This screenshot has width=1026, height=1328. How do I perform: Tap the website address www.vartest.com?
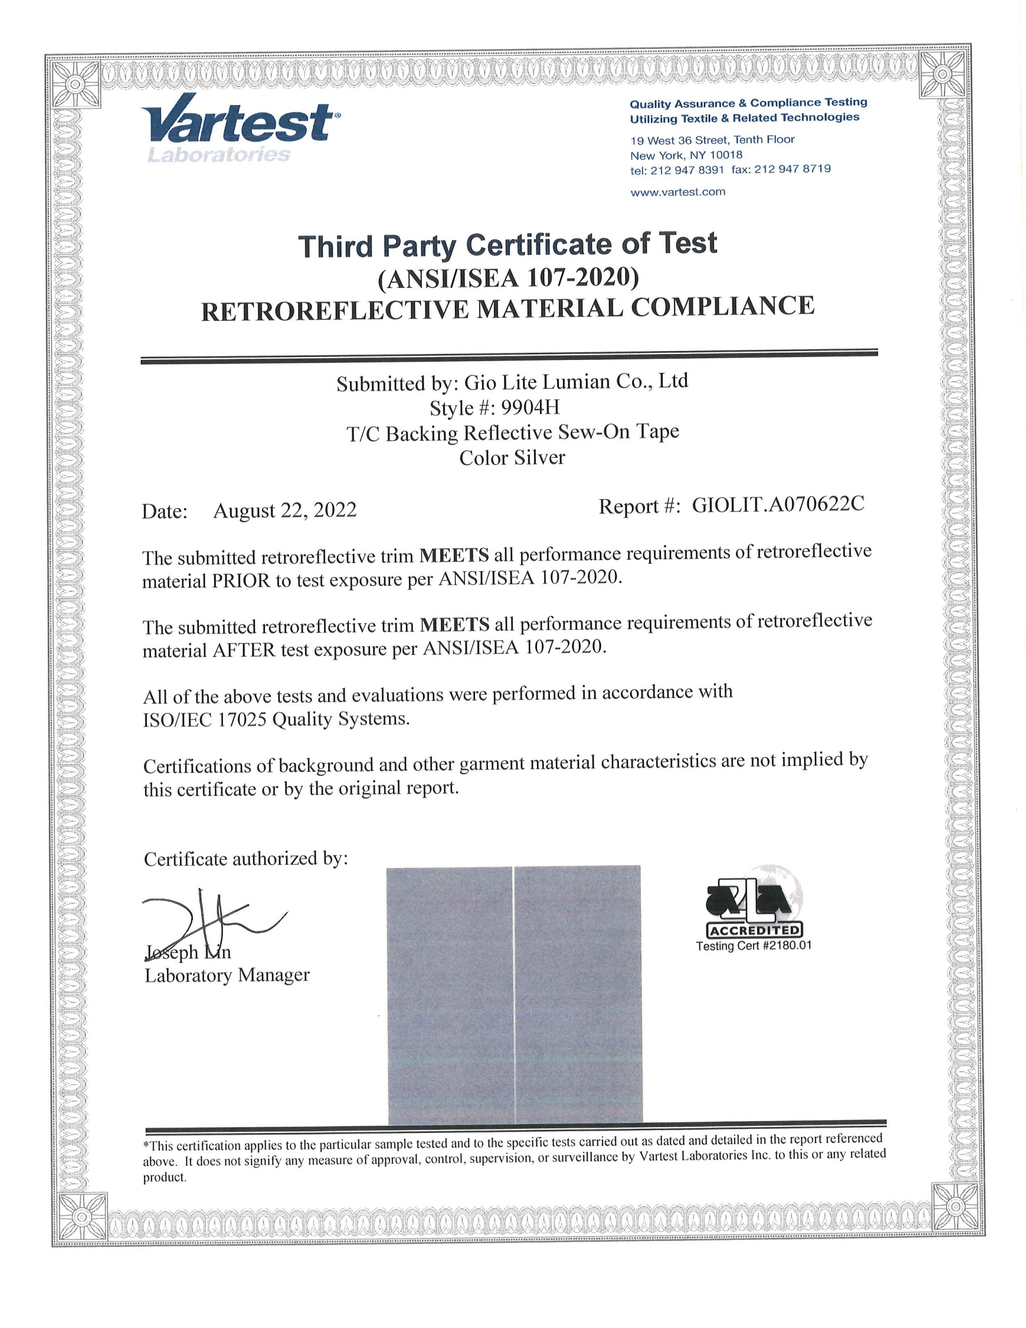pos(678,192)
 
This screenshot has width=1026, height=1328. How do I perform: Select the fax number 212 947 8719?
pos(792,169)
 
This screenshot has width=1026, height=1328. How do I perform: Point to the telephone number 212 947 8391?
pos(687,170)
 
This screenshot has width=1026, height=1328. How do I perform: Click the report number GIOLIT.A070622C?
pos(778,505)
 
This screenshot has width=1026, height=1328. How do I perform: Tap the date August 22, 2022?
pos(284,510)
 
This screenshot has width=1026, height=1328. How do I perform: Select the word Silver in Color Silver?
pos(539,458)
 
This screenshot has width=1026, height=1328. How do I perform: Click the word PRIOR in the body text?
pos(241,581)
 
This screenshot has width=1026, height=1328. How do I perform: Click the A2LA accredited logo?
pos(754,900)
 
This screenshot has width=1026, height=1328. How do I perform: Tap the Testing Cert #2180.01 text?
pos(754,946)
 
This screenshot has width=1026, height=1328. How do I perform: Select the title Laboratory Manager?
pos(227,975)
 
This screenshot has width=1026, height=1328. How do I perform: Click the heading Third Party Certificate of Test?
pos(507,245)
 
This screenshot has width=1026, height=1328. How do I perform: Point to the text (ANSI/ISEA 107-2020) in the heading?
pos(508,278)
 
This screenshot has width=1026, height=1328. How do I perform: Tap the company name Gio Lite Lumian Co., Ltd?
pos(576,382)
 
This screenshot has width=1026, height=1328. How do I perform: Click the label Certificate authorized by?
pos(245,859)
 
